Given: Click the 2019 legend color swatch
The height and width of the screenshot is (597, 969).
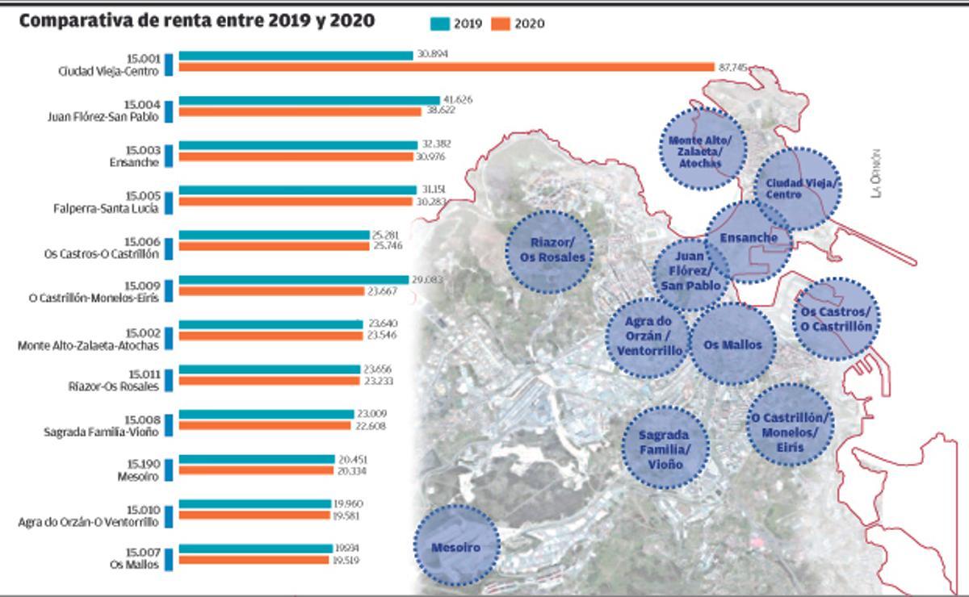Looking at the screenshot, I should point(439,23).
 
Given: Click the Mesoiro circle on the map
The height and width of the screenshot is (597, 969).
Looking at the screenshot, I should point(456,547).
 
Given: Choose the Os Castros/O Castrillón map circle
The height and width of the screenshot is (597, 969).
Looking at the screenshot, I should point(836,319).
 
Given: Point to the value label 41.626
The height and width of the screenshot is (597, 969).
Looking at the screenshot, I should point(457,99).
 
